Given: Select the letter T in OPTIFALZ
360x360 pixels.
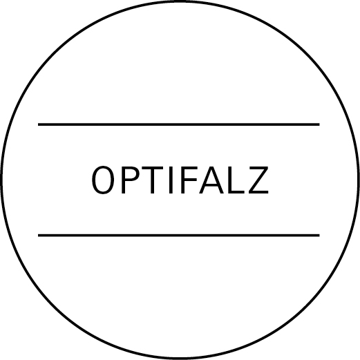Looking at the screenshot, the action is point(152,180).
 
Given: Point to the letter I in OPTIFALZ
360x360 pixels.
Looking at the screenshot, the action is point(171,180).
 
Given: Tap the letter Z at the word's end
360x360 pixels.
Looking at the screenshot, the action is point(258,180).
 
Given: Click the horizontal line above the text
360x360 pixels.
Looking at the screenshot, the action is point(179,124).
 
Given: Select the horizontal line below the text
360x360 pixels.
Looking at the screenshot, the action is point(179,235).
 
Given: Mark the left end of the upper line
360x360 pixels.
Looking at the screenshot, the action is point(38,124).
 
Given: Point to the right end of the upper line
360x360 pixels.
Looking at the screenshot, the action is point(319,124).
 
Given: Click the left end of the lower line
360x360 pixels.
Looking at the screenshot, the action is point(38,235).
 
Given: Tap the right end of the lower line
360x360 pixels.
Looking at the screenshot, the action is point(319,235).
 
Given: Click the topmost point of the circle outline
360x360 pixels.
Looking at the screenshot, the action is point(180,1).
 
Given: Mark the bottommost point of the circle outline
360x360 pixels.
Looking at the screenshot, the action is point(180,359).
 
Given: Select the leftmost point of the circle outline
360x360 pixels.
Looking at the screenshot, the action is point(1,180).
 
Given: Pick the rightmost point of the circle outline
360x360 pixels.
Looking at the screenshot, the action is point(359,180).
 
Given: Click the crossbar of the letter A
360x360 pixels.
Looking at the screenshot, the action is point(211,184).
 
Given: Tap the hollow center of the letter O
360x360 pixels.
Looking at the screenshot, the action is point(103,180).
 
